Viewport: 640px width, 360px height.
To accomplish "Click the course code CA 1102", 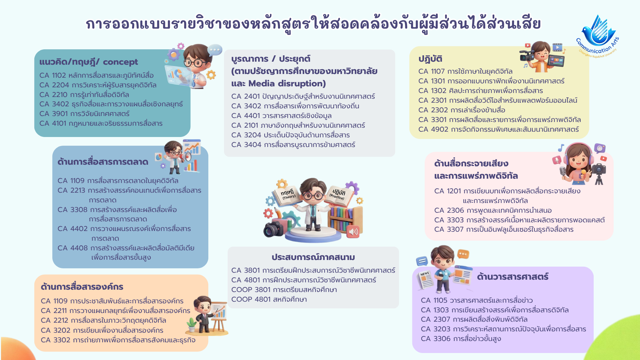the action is (x=53, y=76).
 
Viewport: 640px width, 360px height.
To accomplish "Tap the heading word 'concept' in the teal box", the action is (x=120, y=62).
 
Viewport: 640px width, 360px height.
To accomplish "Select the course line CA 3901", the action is (x=84, y=114).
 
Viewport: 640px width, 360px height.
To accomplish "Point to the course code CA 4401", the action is (x=245, y=116).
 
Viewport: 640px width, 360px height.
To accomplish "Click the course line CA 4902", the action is (x=499, y=130).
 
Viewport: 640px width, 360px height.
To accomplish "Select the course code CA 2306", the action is (x=449, y=211).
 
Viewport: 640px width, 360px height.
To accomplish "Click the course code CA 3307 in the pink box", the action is (x=449, y=230).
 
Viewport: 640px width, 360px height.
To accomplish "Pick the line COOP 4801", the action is (x=269, y=300).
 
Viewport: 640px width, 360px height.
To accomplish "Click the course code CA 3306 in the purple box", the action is (x=436, y=339).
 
